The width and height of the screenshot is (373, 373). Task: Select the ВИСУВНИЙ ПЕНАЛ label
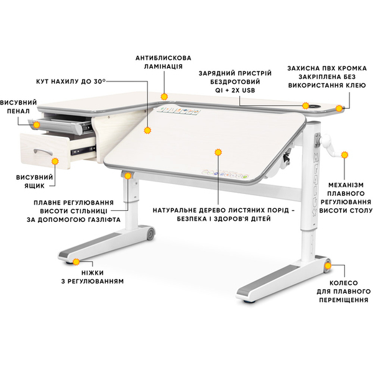pyautogui.click(x=18, y=106)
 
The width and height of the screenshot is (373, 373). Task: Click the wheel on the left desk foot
pyautogui.click(x=149, y=234)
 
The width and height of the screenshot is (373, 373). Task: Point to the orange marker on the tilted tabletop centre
pyautogui.click(x=218, y=152)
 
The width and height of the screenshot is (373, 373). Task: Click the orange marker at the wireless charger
pyautogui.click(x=306, y=106)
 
